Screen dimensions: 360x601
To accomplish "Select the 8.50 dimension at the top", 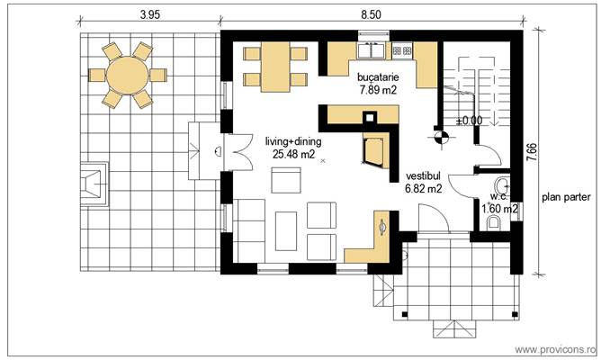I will [371, 14].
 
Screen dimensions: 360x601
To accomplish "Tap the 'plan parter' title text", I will [566, 196].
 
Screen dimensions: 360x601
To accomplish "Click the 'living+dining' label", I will [293, 141].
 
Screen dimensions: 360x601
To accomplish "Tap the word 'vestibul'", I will [423, 176].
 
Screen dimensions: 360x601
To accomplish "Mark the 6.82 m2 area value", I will [423, 189].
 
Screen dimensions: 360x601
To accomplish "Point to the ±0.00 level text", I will [469, 119].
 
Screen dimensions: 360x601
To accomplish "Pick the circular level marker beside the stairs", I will [441, 138].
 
